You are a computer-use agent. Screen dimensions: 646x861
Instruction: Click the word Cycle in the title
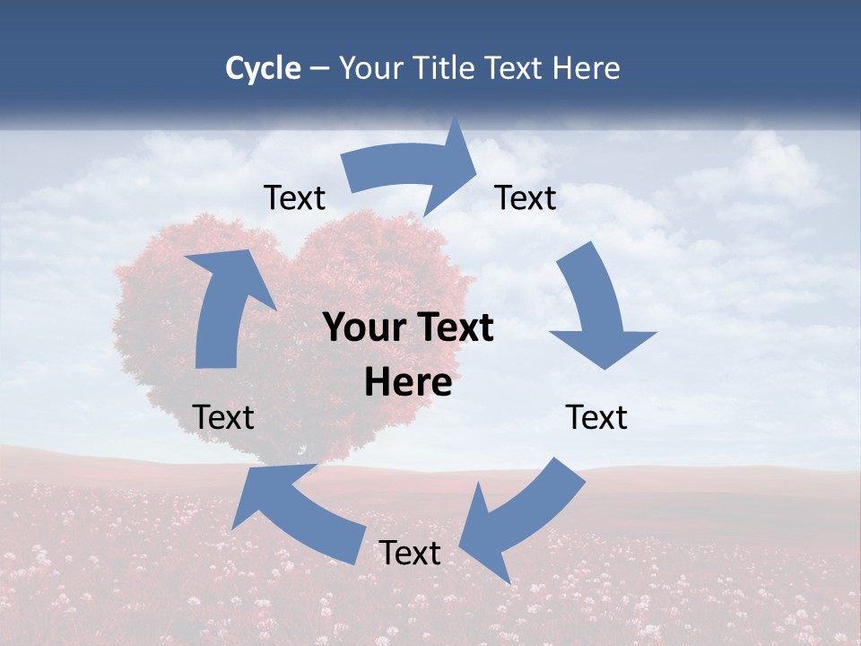coord(263,68)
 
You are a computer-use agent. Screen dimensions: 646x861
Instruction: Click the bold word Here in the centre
coord(408,383)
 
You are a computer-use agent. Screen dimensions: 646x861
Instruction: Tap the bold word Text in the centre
coord(459,328)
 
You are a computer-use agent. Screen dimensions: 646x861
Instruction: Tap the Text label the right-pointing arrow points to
coord(526,197)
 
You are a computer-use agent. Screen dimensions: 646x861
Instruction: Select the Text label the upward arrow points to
coord(294,197)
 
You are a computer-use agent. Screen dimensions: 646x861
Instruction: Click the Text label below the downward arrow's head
coord(596,417)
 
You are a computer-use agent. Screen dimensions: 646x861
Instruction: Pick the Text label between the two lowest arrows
coord(410,553)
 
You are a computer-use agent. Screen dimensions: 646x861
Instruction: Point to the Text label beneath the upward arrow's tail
coord(223,417)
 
